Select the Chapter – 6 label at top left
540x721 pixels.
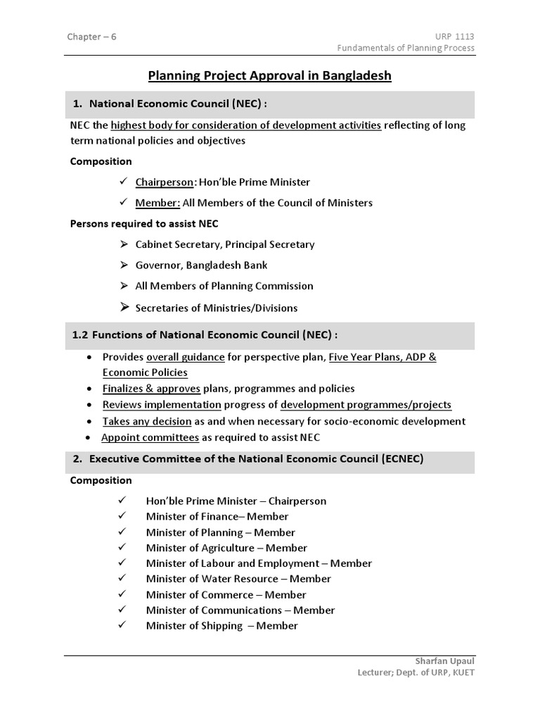[91, 37]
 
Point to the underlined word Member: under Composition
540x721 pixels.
[157, 203]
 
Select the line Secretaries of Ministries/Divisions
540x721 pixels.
[216, 308]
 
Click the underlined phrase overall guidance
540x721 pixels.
[185, 357]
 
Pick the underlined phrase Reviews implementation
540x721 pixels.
[162, 405]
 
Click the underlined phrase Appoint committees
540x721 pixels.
[150, 437]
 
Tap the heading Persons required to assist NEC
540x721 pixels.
[144, 224]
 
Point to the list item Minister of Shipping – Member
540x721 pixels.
[221, 625]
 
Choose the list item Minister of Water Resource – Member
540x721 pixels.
[238, 579]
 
